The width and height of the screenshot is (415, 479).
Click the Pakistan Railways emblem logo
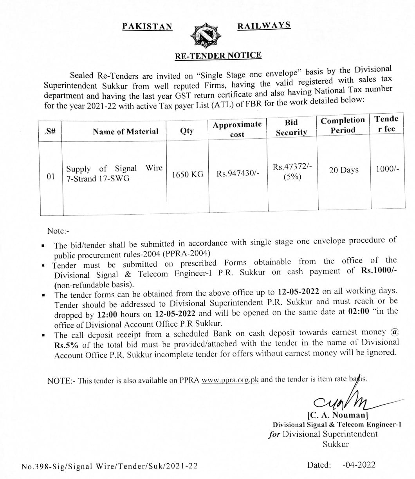point(205,36)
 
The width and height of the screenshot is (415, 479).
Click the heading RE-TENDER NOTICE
point(218,56)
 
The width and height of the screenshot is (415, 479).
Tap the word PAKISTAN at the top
point(147,26)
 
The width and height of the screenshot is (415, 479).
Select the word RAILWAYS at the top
point(264,25)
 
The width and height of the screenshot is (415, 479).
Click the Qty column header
point(187,131)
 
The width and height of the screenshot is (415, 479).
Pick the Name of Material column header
point(126,132)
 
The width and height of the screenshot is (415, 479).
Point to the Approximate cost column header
point(237,129)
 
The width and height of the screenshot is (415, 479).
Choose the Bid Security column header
point(291,127)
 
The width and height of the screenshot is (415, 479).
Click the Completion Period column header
point(343,125)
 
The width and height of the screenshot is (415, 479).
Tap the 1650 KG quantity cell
point(188,174)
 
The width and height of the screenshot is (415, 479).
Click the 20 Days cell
point(344,170)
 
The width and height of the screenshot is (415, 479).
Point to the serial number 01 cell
point(51,176)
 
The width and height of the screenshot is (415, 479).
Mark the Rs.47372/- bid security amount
point(292,167)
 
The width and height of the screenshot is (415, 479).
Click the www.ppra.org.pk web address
point(230,380)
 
